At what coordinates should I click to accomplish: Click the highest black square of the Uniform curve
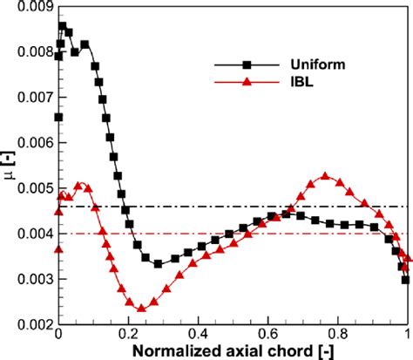[62, 27]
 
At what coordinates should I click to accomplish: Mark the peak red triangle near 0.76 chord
[325, 176]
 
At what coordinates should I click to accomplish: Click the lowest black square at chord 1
[406, 280]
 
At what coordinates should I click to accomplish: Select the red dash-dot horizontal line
[261, 234]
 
